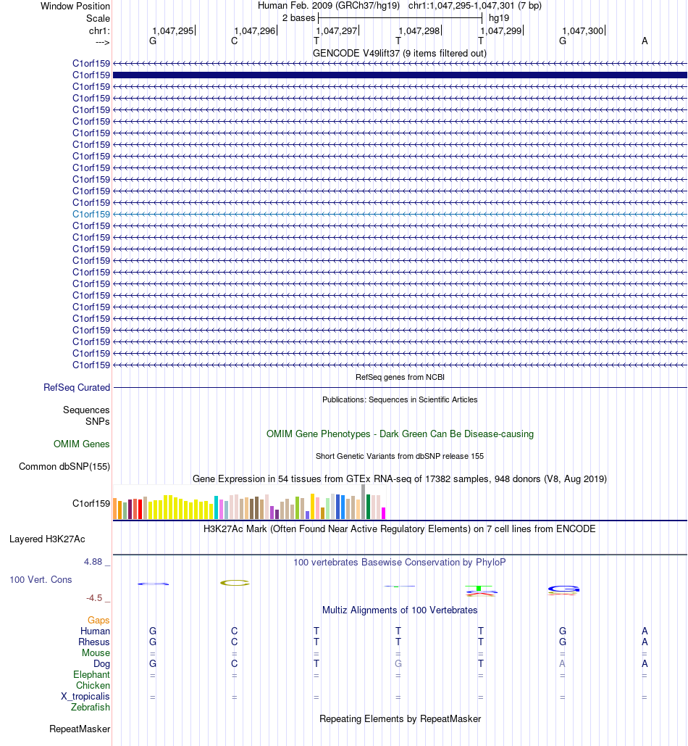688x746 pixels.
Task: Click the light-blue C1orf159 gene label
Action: click(91, 214)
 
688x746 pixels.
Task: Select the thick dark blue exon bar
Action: click(400, 75)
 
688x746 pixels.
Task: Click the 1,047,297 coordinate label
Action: click(337, 31)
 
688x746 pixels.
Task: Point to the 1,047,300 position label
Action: click(582, 31)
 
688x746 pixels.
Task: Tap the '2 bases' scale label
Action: click(298, 18)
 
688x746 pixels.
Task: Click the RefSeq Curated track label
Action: click(77, 387)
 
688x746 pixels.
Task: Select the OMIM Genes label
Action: click(81, 444)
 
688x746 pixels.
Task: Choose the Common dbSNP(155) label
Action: click(64, 466)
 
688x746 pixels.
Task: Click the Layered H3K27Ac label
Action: click(47, 539)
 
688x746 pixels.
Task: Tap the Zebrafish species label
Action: click(91, 707)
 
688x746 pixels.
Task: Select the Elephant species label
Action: click(91, 675)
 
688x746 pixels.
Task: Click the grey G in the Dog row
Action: click(398, 663)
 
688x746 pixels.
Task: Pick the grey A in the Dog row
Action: click(562, 663)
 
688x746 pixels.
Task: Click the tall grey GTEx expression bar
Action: click(364, 502)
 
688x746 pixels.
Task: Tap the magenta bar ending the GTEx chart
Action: click(383, 513)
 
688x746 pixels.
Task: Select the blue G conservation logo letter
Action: click(563, 589)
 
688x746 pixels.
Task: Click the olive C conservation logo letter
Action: click(235, 583)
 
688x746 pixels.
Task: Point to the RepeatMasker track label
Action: click(80, 729)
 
